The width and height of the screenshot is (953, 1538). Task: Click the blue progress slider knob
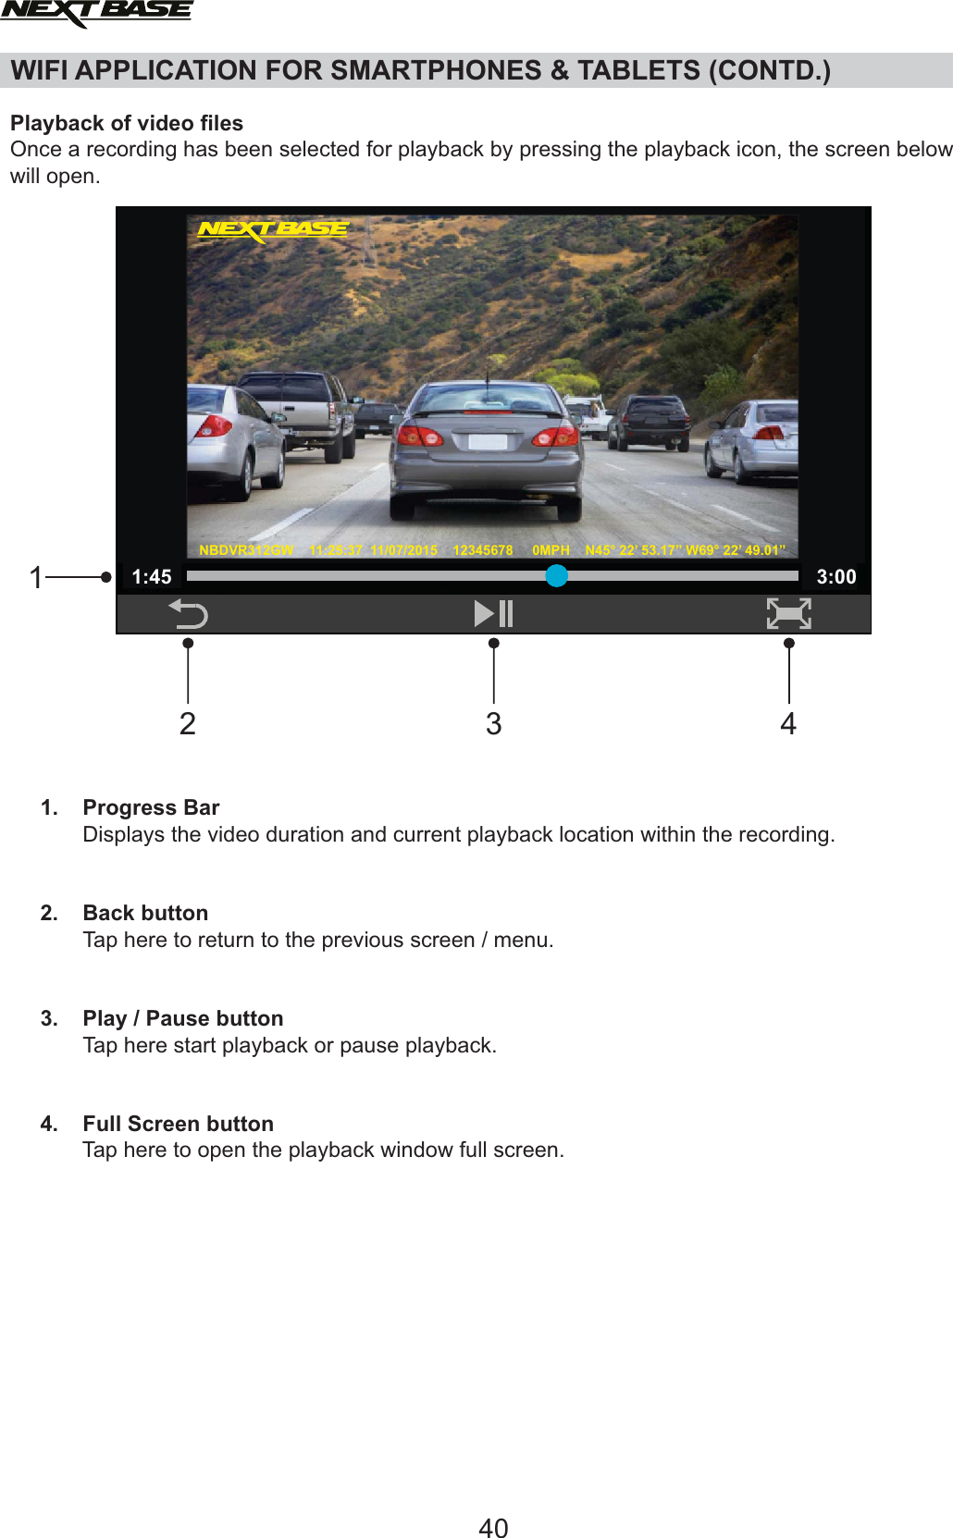coord(556,575)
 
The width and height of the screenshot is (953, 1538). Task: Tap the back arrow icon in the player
coord(188,613)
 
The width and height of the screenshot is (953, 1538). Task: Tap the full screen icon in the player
coord(788,613)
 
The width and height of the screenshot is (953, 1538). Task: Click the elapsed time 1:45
coord(152,577)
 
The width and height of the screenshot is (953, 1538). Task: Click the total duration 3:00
coord(836,577)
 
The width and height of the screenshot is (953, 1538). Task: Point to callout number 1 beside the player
coord(36,578)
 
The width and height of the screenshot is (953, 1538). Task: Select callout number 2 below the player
coord(188,723)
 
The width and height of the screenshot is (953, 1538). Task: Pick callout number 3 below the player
coord(494,723)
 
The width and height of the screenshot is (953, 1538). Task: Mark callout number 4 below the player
coord(788,723)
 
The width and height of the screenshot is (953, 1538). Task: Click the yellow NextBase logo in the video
coord(273,228)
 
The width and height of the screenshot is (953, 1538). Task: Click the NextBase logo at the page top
coord(96,13)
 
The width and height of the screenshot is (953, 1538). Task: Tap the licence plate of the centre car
coord(488,442)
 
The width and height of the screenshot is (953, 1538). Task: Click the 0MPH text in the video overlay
coord(551,550)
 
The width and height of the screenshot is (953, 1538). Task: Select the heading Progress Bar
coord(151,807)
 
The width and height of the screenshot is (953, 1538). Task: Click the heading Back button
coord(145,913)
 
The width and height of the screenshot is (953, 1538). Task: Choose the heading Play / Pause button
coord(182,1018)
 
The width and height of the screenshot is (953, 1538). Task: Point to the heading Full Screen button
coord(178,1124)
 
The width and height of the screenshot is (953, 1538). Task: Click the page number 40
coord(493,1528)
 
